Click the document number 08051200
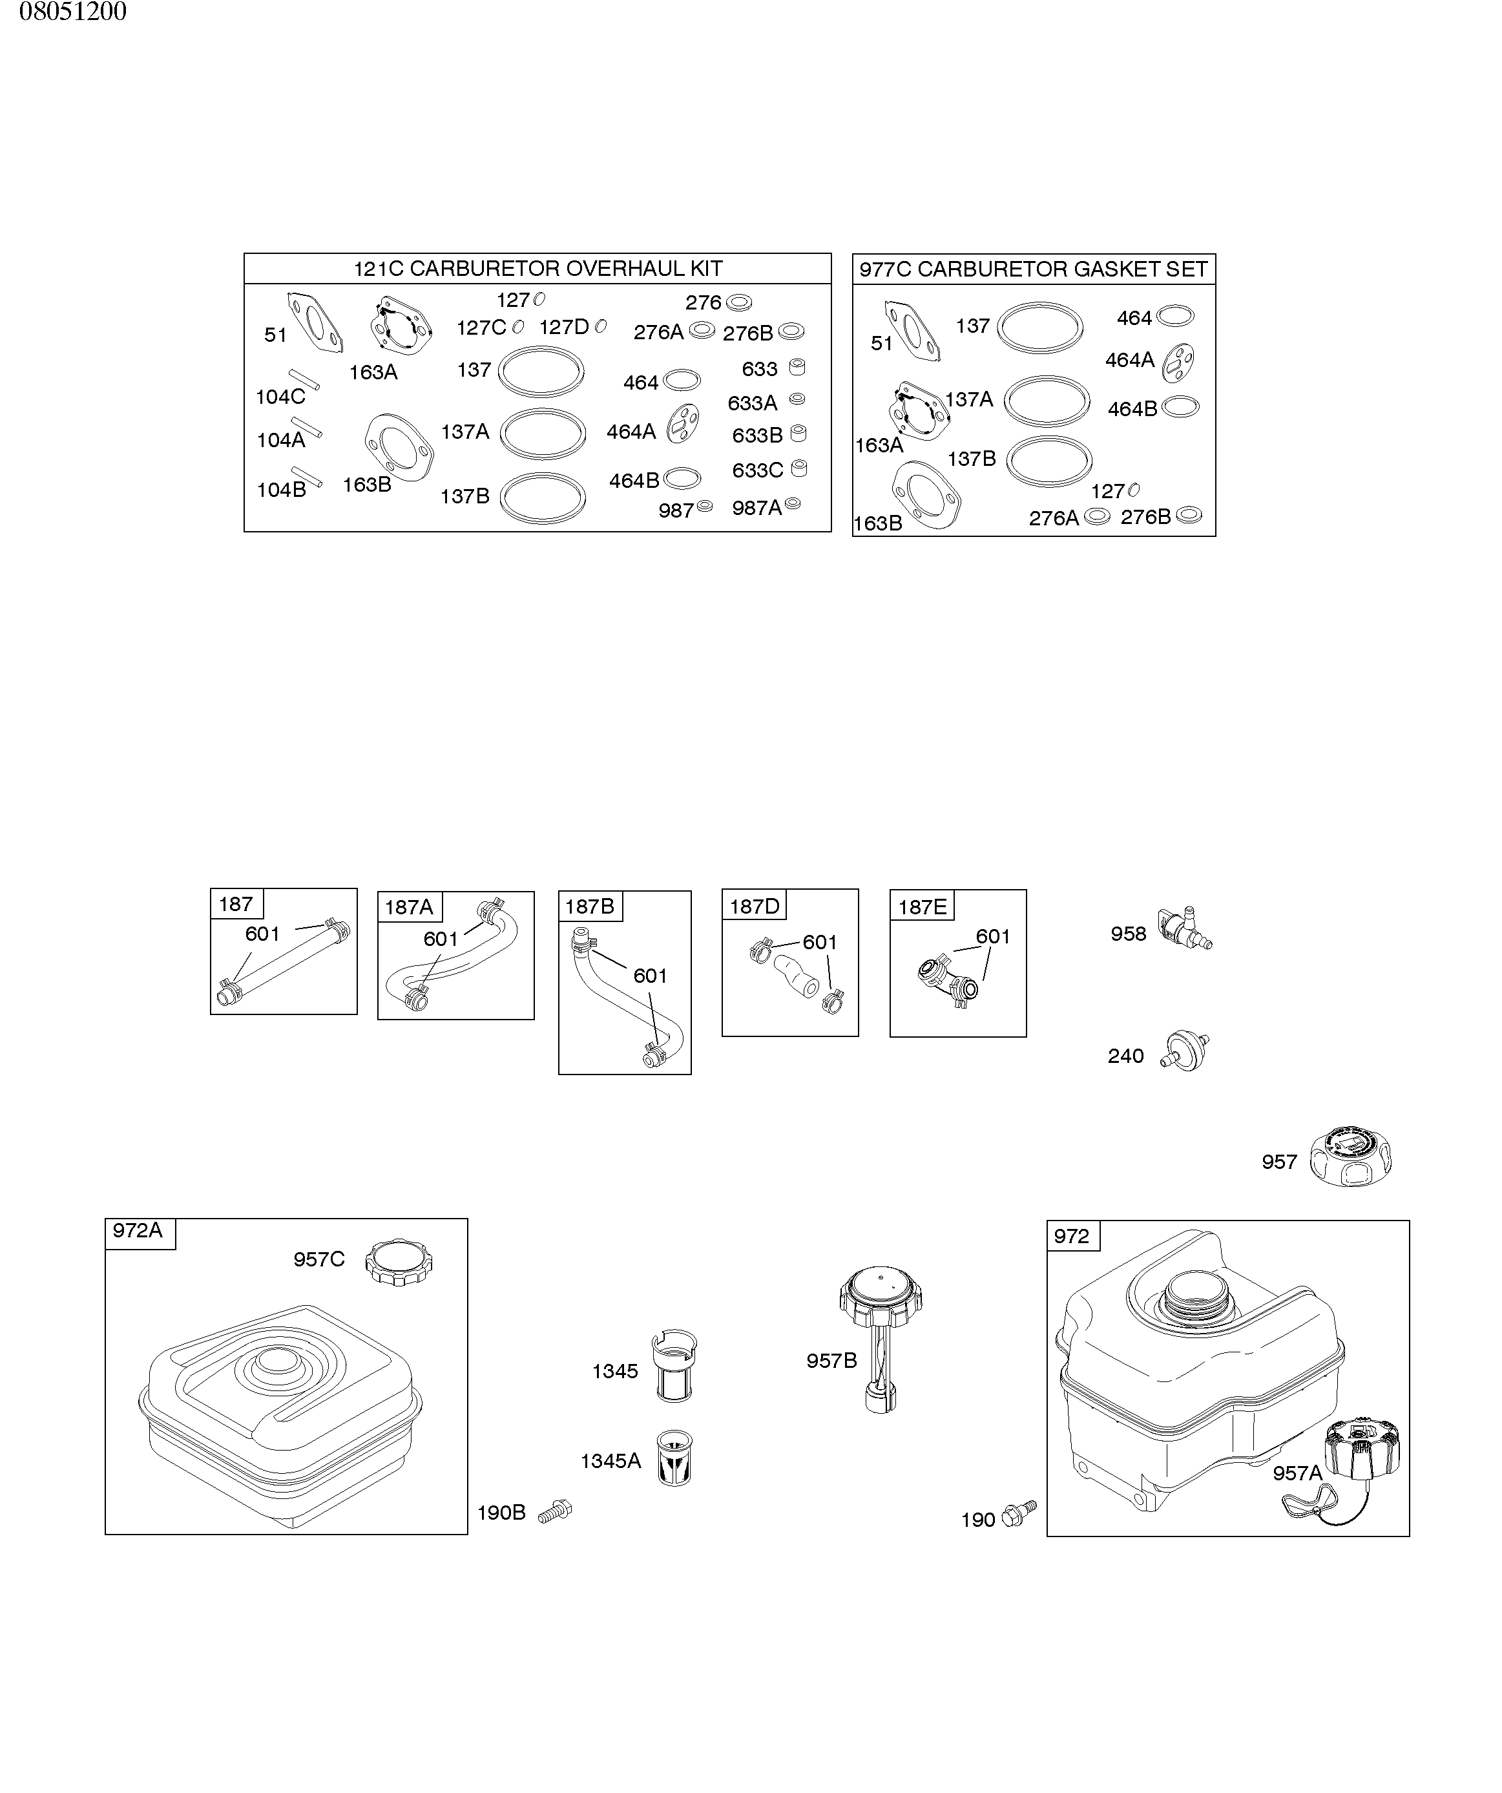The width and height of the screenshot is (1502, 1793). [72, 12]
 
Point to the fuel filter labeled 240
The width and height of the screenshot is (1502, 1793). [1186, 1052]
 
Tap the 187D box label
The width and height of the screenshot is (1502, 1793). [754, 906]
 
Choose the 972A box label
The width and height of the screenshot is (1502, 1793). [138, 1230]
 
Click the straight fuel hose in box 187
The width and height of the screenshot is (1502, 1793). [283, 962]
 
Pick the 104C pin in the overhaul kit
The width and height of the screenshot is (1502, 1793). [304, 379]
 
